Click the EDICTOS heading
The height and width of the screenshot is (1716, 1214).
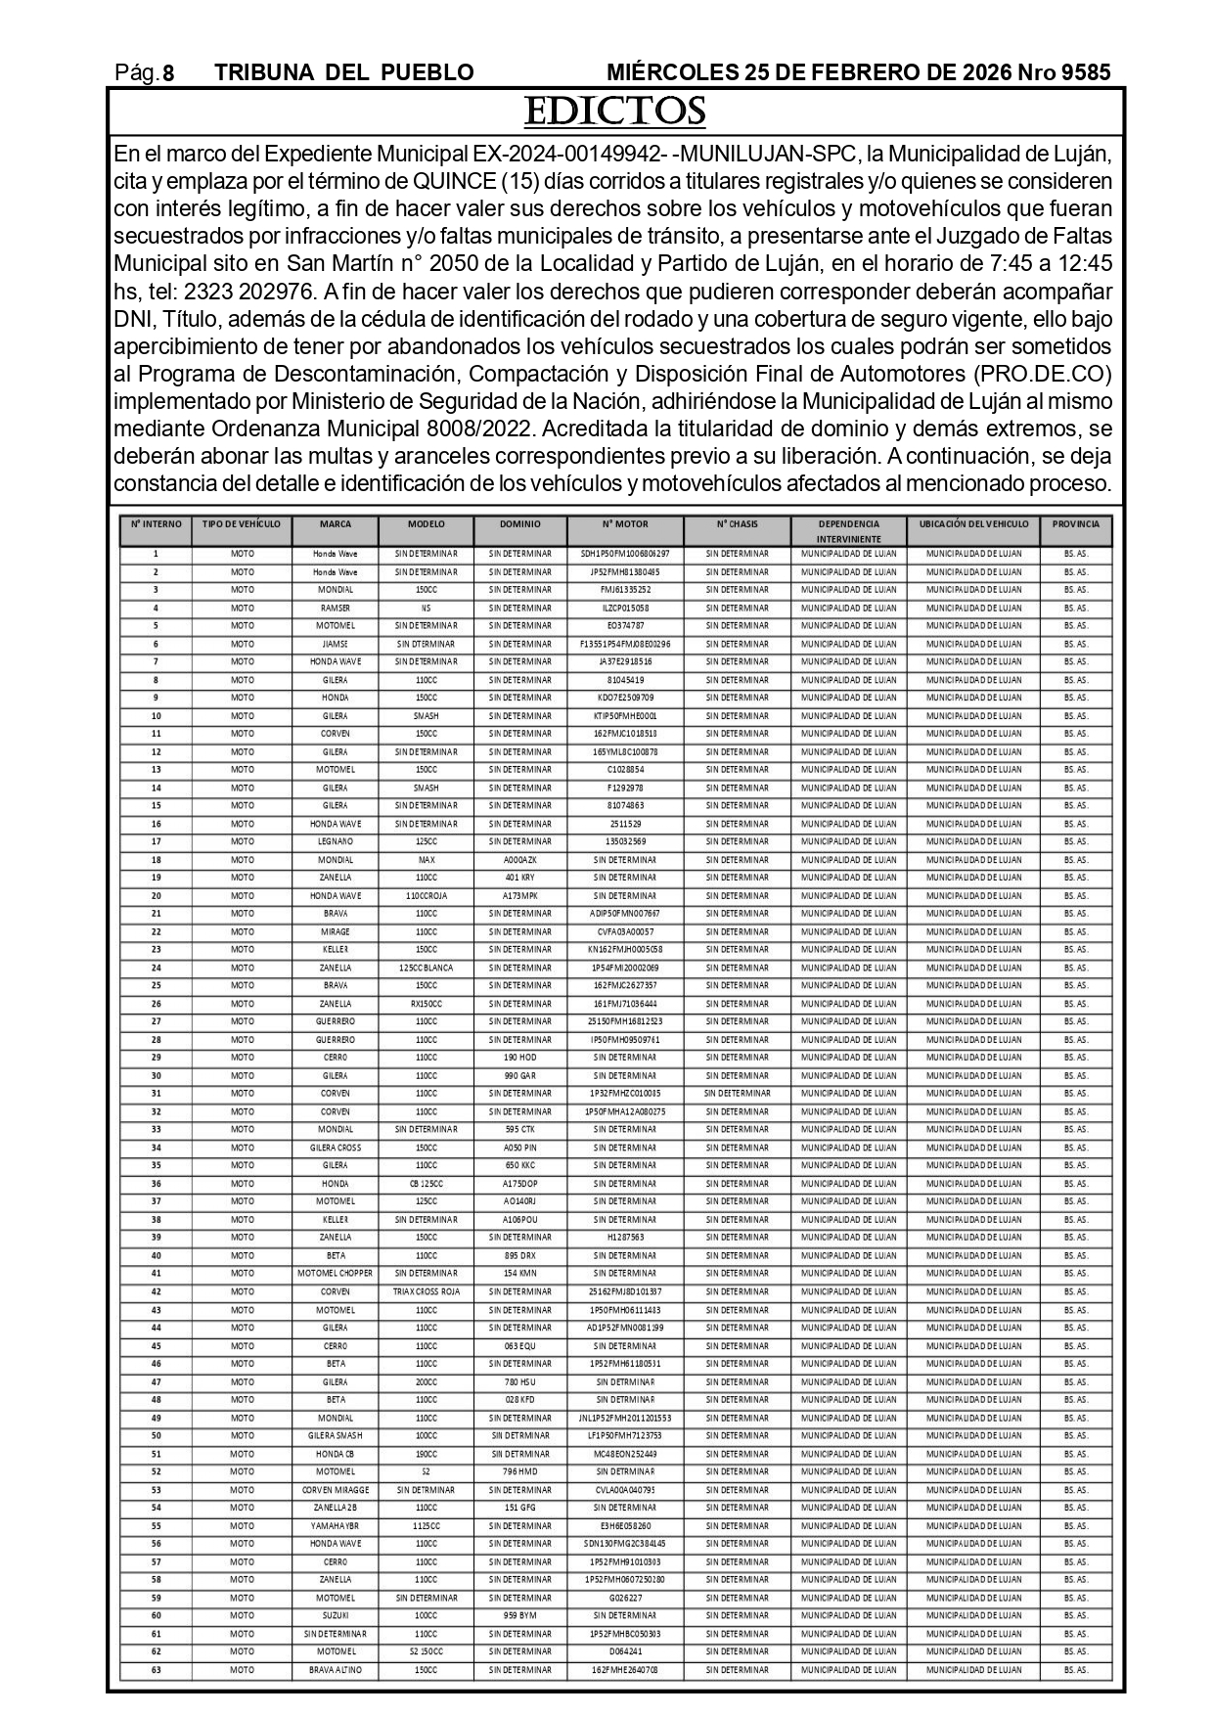[614, 112]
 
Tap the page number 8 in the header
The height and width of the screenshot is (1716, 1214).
[168, 73]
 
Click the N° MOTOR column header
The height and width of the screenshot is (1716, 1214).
[625, 524]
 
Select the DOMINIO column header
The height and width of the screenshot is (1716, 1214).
[519, 524]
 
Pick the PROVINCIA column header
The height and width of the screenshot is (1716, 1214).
[1075, 524]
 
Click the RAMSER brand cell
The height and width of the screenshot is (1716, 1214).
[335, 609]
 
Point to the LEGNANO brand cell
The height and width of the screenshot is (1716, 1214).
[335, 841]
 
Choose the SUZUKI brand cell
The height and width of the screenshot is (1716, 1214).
[335, 1615]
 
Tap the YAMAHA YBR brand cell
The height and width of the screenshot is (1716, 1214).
[335, 1526]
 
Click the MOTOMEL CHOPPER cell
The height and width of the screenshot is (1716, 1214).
[335, 1274]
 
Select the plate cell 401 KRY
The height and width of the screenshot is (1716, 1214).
[519, 878]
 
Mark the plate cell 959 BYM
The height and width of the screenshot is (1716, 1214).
[519, 1615]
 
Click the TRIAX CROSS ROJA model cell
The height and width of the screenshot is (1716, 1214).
[426, 1291]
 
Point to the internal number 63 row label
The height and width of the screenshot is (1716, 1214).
[156, 1670]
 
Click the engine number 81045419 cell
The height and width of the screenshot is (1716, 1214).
[625, 680]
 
